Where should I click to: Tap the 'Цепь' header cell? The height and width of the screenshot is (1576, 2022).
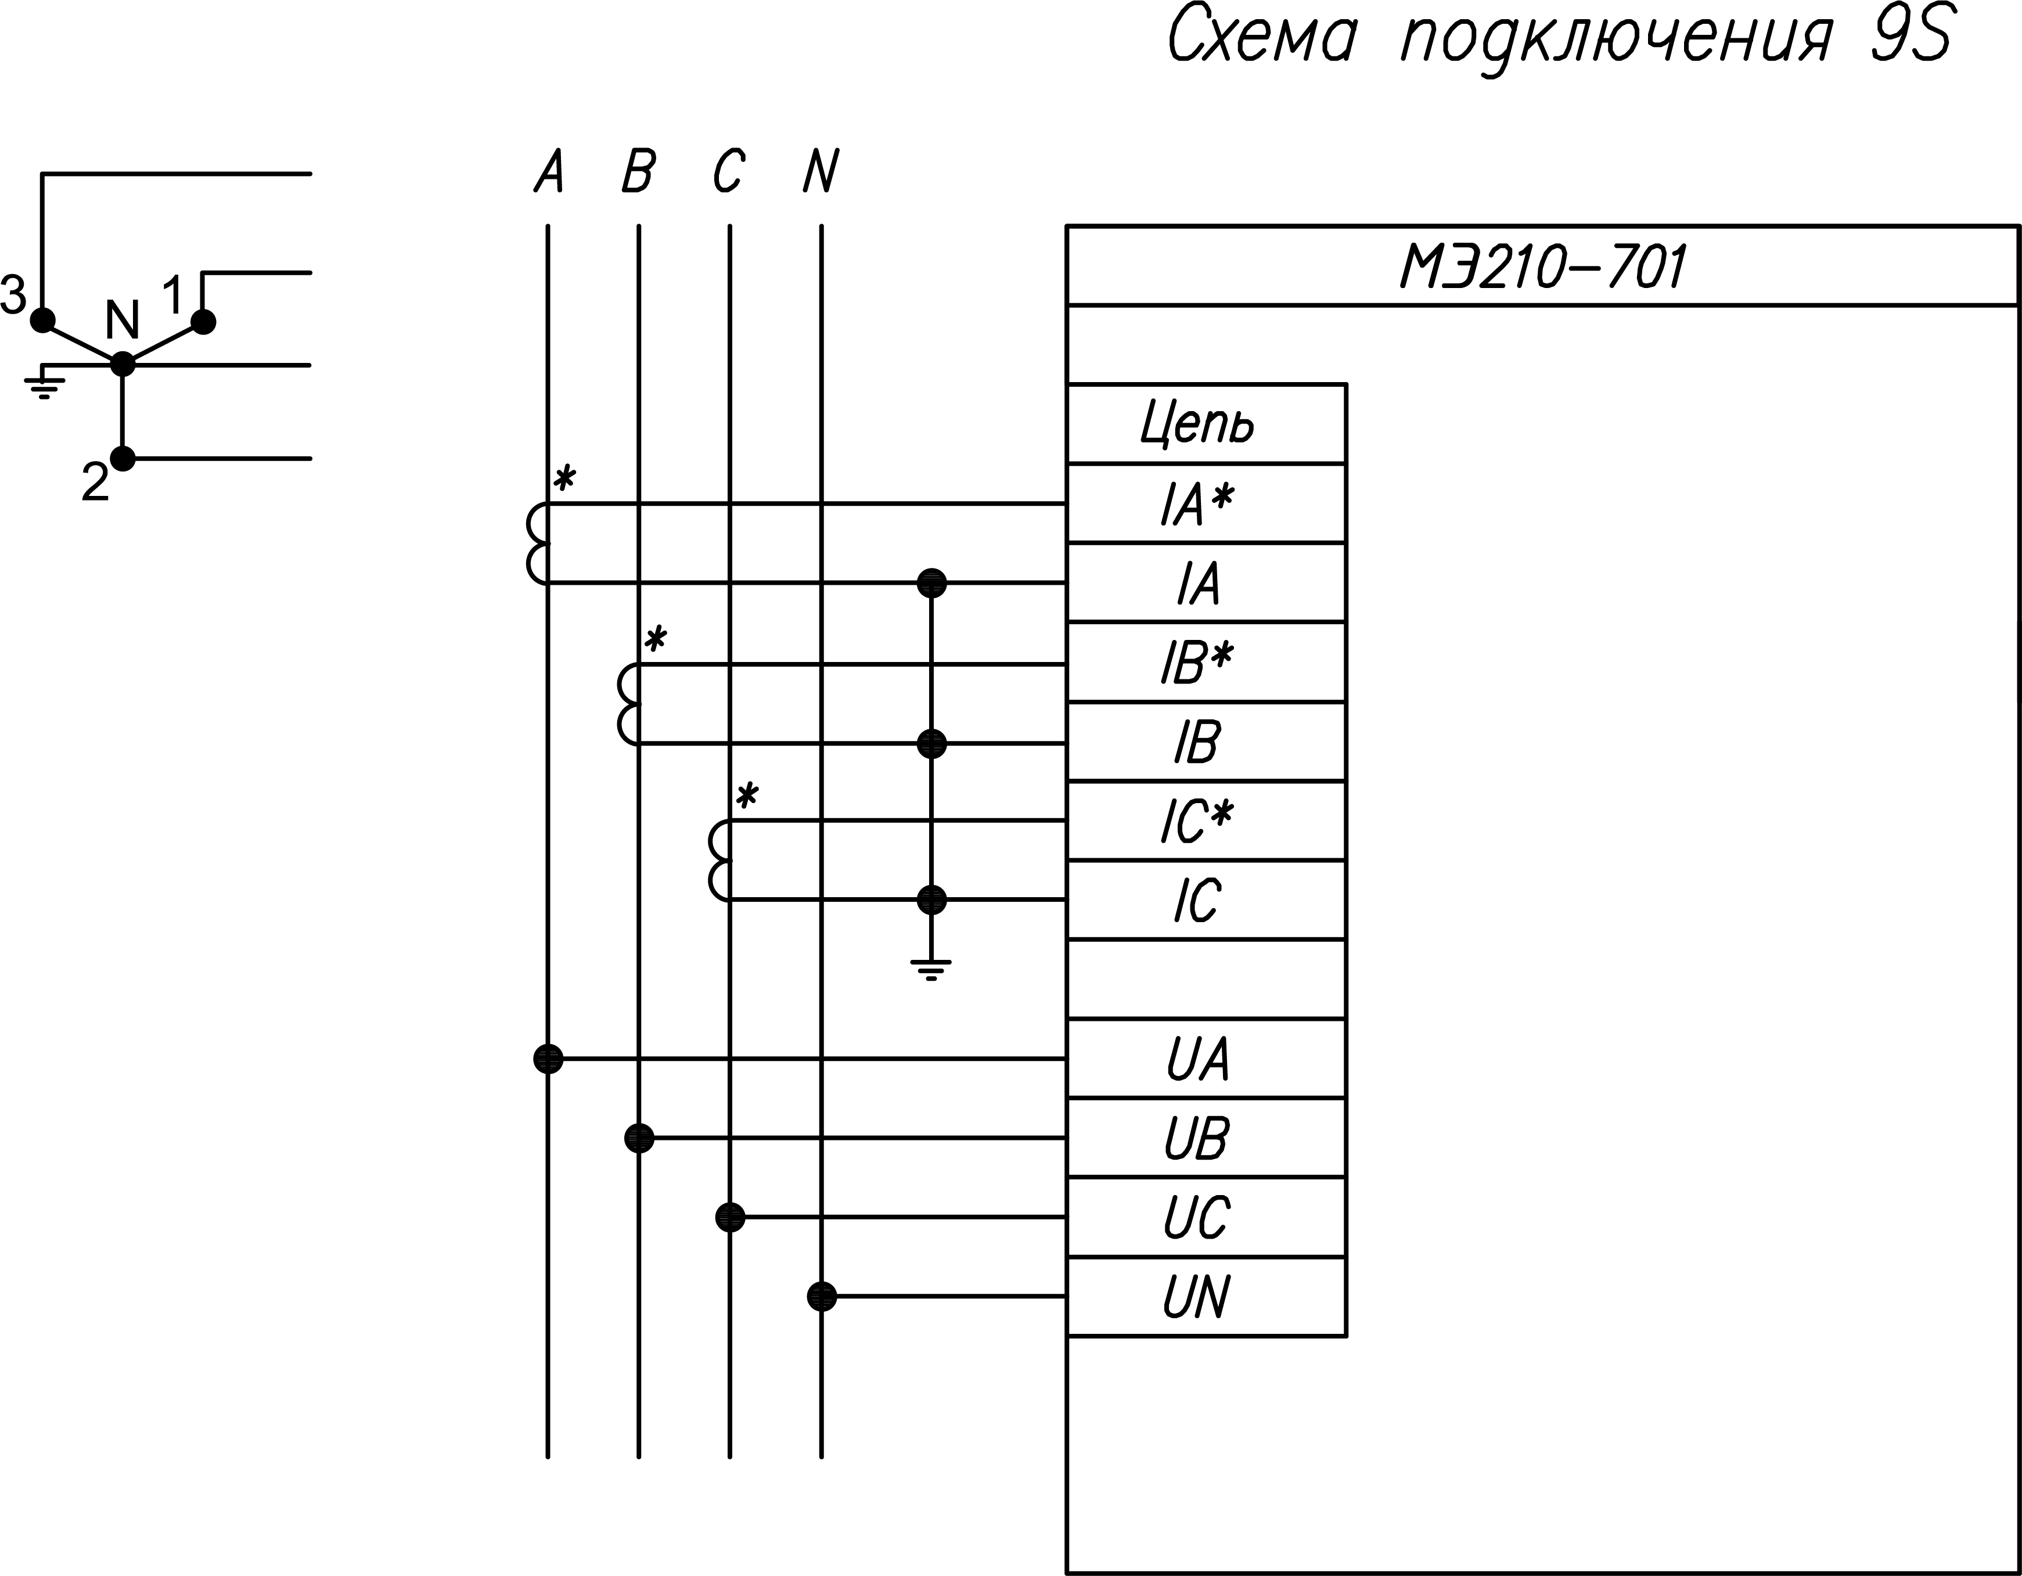pos(1197,424)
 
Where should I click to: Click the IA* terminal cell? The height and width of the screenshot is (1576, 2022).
pos(1197,503)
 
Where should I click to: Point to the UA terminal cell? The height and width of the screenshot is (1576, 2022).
pos(1197,1059)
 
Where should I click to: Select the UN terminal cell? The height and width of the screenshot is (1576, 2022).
pos(1197,1296)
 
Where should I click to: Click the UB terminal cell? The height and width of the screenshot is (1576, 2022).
pos(1197,1138)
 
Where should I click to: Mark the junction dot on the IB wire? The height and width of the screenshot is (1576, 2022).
pos(931,743)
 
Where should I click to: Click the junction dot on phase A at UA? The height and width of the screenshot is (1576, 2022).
pos(548,1059)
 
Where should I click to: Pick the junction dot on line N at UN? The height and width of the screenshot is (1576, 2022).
pos(821,1296)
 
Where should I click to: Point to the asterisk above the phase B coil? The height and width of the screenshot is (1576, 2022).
pos(656,639)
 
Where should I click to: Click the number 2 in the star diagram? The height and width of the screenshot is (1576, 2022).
pos(95,483)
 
